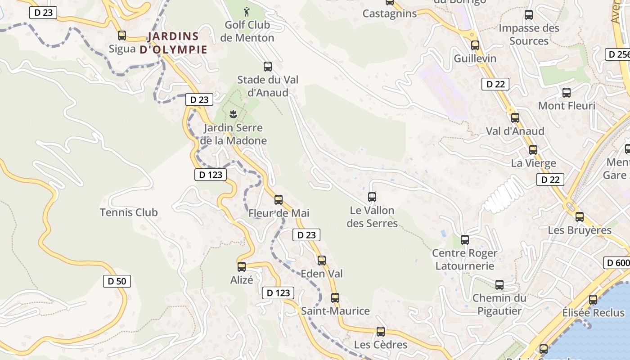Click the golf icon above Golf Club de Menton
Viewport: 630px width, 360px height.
click(246, 12)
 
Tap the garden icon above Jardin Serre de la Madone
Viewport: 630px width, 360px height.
click(233, 115)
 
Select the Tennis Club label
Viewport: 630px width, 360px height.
click(129, 212)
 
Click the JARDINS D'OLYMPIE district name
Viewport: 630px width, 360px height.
click(173, 43)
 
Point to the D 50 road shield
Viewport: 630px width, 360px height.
click(117, 282)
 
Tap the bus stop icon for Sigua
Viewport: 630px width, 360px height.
click(122, 36)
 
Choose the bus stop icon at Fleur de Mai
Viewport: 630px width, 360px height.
click(279, 200)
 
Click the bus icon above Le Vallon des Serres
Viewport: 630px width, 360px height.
click(372, 197)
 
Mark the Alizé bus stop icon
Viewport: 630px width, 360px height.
click(242, 267)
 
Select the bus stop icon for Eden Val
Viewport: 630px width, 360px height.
click(321, 261)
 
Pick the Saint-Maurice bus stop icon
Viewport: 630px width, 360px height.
click(335, 298)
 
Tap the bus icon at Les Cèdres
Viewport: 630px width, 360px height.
click(381, 332)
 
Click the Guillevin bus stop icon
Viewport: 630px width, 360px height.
click(475, 45)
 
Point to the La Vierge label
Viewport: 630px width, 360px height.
click(533, 163)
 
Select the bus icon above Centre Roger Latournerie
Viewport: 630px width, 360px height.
click(465, 240)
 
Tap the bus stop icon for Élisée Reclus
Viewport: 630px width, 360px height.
click(593, 300)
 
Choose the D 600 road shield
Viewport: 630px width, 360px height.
click(616, 263)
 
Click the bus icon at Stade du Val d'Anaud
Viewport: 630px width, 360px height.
click(268, 67)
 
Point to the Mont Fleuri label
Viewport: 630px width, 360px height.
click(567, 106)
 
